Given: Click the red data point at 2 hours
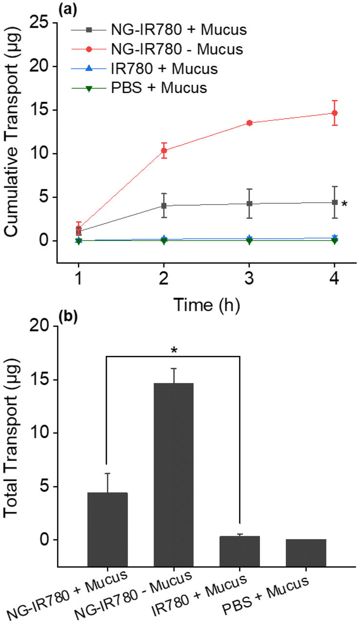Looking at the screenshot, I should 164,150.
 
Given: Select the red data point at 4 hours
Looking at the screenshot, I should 335,113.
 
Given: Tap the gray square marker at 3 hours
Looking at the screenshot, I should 249,203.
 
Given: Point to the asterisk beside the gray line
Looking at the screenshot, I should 344,204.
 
